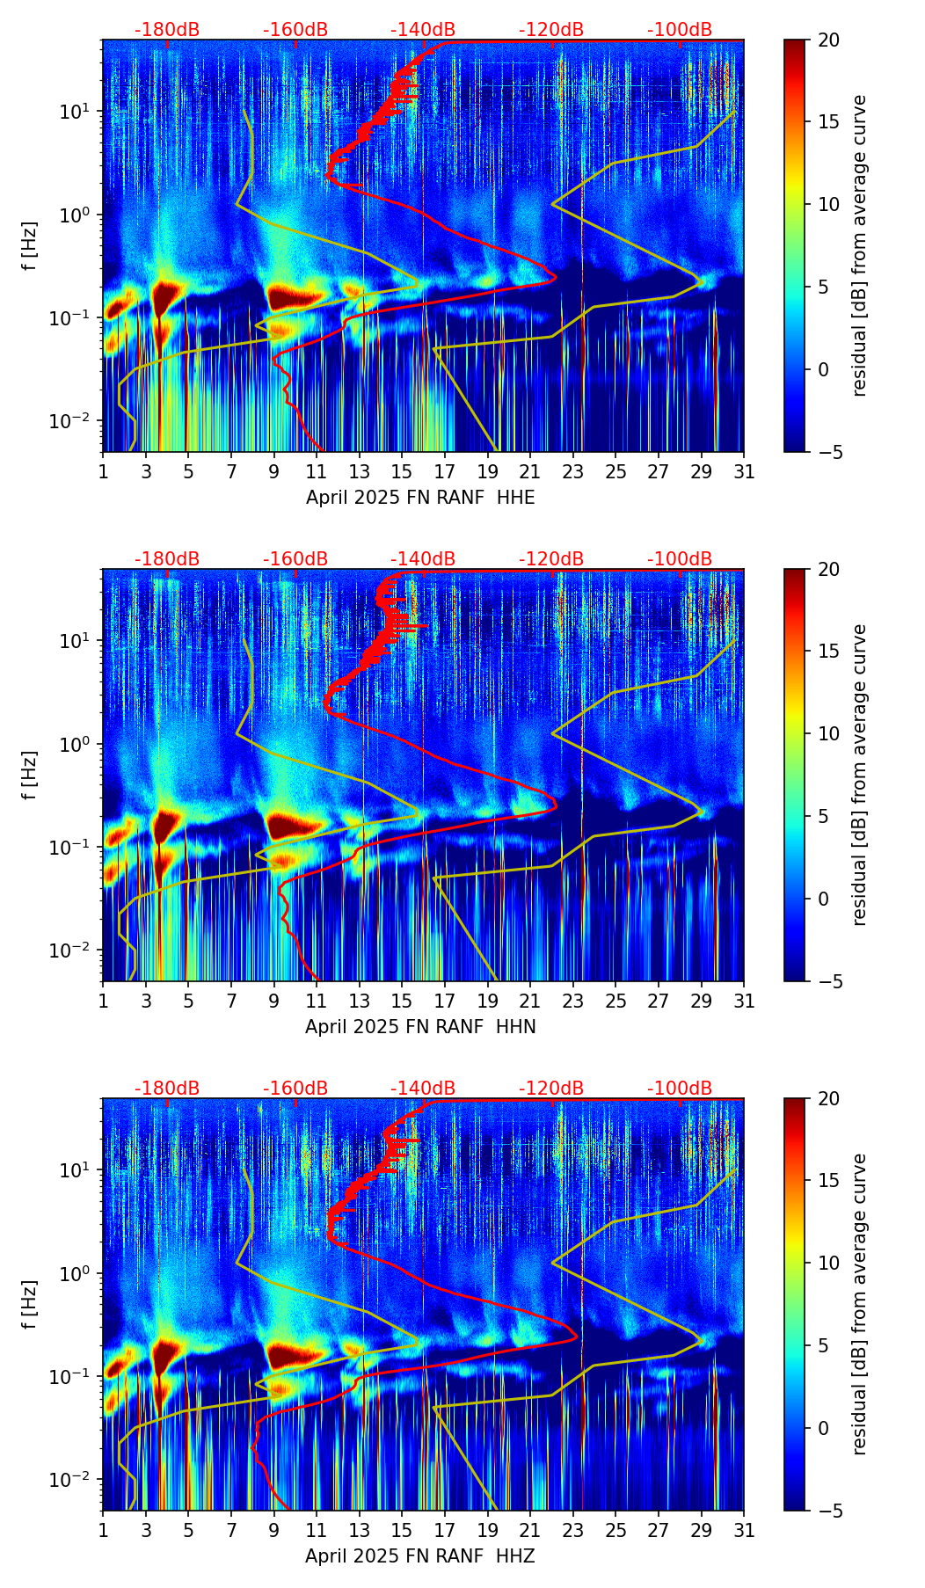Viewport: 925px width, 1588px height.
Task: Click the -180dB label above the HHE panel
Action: (167, 30)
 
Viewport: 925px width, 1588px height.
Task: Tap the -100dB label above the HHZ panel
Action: (680, 1089)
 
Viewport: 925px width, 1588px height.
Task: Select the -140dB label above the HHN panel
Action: (423, 559)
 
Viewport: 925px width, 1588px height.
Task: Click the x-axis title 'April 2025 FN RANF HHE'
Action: (420, 498)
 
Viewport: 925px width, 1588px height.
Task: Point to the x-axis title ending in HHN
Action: (420, 1027)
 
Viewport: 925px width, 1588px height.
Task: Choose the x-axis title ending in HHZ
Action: (420, 1556)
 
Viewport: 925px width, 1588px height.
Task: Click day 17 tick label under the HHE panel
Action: (445, 472)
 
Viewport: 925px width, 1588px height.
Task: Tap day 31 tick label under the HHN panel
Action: (744, 1002)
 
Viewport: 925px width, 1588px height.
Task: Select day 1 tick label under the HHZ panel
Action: (103, 1531)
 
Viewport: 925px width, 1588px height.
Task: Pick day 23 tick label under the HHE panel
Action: (573, 472)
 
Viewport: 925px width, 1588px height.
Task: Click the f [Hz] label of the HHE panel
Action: (30, 246)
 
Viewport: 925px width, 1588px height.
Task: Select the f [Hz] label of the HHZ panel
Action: (30, 1305)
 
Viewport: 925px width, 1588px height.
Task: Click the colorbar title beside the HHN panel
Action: (860, 775)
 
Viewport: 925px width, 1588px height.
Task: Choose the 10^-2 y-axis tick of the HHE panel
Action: (77, 421)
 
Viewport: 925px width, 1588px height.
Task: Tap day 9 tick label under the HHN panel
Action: (274, 1002)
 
